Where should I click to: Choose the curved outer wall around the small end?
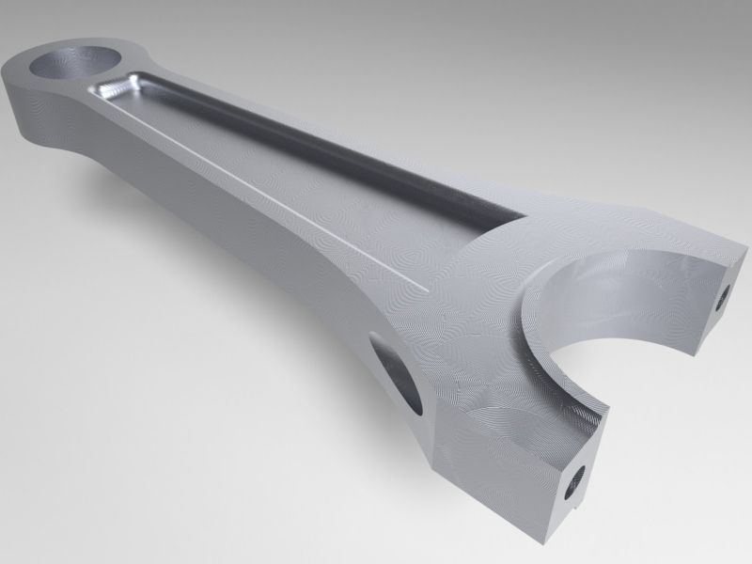coord(38,113)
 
